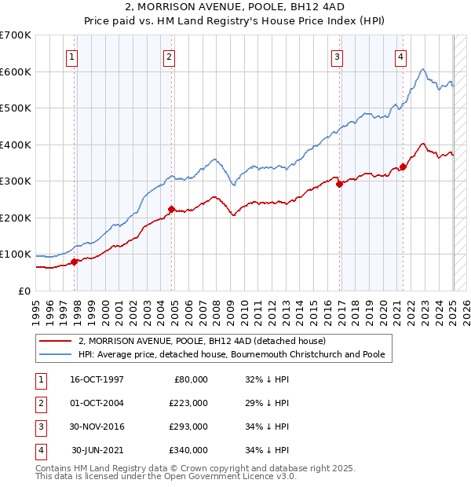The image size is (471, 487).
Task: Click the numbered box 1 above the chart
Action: (x=71, y=56)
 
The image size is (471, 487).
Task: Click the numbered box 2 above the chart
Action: (x=169, y=56)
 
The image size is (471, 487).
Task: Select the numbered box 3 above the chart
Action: (x=337, y=56)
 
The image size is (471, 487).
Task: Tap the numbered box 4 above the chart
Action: (x=400, y=56)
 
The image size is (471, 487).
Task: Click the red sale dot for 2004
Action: (x=170, y=209)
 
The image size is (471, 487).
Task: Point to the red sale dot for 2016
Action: (x=340, y=185)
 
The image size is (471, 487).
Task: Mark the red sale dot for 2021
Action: (x=403, y=167)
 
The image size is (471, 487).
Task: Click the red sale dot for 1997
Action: (x=75, y=262)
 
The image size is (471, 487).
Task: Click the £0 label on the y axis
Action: (x=24, y=291)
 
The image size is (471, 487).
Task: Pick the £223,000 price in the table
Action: (x=188, y=403)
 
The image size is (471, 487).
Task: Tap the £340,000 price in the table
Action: (x=188, y=450)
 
